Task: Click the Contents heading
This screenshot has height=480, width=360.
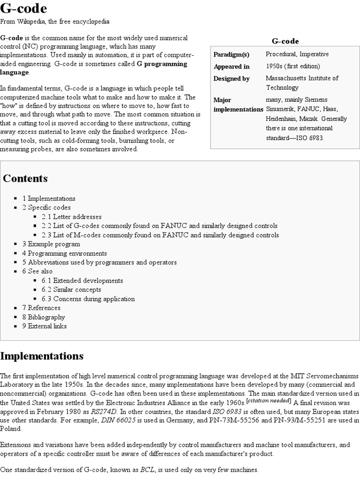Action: click(25, 179)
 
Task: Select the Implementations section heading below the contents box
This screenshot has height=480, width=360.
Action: click(42, 356)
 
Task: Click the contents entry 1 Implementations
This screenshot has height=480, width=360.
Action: click(49, 198)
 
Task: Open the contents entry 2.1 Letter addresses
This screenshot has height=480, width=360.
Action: click(71, 217)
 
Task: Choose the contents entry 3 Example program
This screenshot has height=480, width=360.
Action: click(51, 244)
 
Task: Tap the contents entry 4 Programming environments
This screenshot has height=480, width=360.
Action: click(65, 253)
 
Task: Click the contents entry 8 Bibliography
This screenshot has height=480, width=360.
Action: click(45, 317)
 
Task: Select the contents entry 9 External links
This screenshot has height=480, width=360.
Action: click(45, 326)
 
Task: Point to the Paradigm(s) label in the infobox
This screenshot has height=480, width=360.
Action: click(231, 54)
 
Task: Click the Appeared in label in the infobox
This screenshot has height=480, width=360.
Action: click(231, 66)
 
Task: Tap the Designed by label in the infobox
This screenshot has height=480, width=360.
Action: click(231, 78)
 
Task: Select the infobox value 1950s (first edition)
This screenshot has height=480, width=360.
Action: click(293, 66)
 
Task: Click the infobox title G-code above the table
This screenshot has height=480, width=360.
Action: click(285, 41)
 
